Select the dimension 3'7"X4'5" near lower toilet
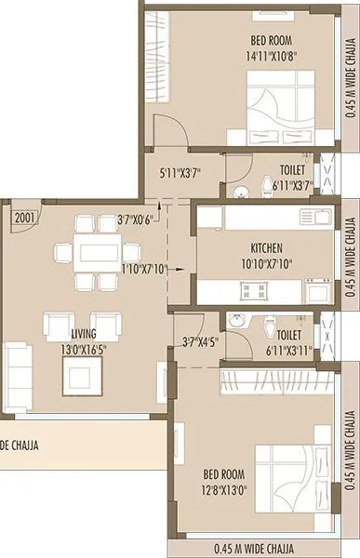point(201,342)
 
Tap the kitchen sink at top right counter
point(312,217)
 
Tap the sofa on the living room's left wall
point(16,364)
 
